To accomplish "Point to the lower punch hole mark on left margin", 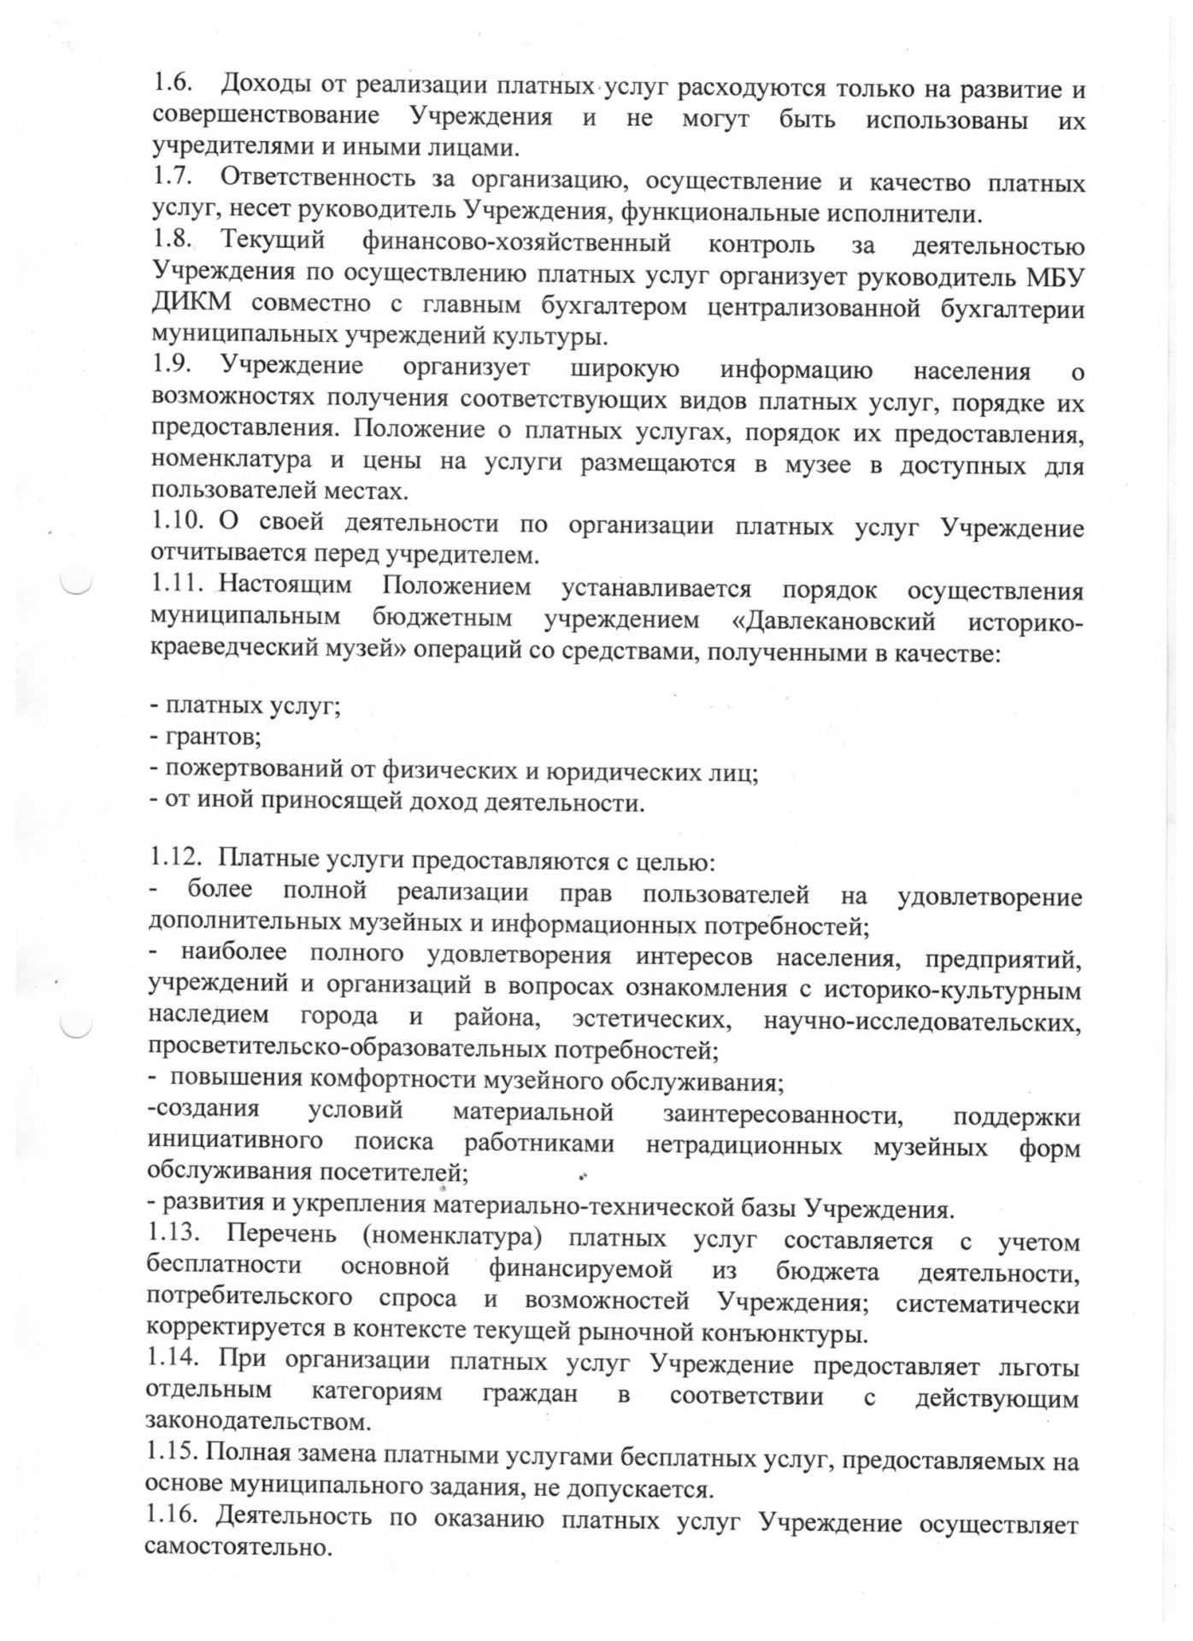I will [76, 1026].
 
